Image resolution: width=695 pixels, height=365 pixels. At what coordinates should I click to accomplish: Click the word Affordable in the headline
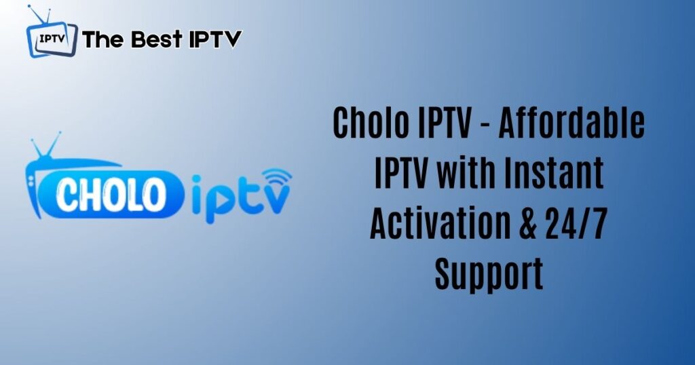tap(571, 122)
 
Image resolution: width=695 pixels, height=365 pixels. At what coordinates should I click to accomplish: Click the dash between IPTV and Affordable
tap(484, 126)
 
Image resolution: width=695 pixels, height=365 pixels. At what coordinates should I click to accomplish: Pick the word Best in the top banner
tap(157, 39)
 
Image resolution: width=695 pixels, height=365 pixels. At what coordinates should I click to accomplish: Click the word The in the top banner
tap(102, 39)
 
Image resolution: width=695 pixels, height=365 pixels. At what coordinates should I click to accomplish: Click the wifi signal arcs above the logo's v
tap(277, 176)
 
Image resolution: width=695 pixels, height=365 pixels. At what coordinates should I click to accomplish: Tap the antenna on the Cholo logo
tap(46, 145)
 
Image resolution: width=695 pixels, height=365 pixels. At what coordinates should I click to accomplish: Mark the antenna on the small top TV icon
tap(39, 14)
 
